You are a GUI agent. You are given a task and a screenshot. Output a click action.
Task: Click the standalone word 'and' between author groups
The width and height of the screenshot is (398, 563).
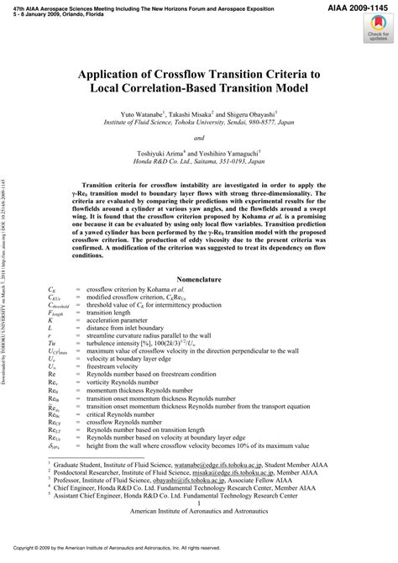pos(198,137)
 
